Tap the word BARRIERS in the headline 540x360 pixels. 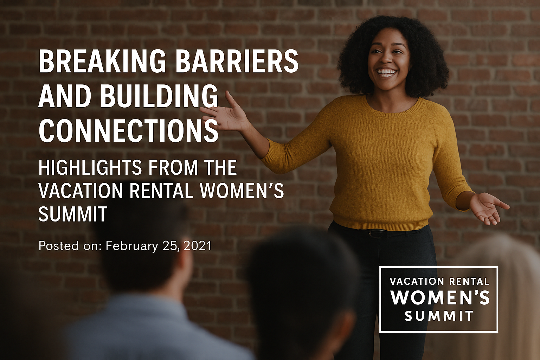(237, 61)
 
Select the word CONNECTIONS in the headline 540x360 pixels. (128, 130)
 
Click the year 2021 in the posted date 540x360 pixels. (197, 246)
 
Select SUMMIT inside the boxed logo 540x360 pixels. (439, 316)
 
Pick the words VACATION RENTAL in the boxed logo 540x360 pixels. (439, 281)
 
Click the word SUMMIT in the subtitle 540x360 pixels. (73, 214)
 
